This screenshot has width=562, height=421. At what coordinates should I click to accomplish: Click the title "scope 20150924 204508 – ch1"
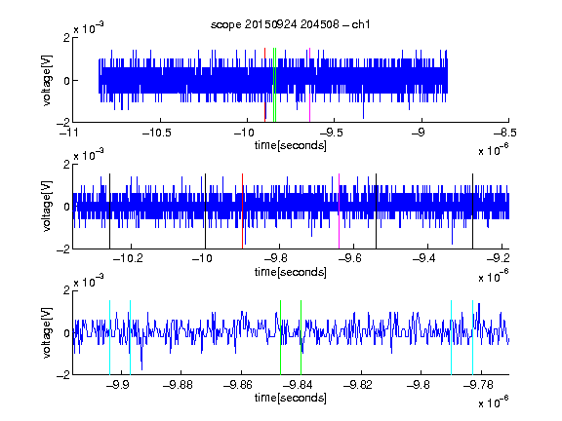click(x=291, y=24)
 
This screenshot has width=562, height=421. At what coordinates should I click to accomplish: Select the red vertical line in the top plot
click(x=264, y=85)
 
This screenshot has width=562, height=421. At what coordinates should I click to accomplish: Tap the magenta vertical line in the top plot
click(x=309, y=85)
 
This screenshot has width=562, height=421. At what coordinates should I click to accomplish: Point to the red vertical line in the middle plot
click(x=243, y=211)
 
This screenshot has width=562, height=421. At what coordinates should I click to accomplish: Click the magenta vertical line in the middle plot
click(x=340, y=211)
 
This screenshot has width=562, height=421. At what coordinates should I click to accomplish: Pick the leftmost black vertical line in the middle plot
click(x=109, y=211)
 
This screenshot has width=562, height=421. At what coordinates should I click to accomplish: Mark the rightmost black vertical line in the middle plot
click(x=473, y=211)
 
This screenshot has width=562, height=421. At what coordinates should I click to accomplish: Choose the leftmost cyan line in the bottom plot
click(x=109, y=337)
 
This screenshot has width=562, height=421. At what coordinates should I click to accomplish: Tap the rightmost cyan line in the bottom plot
click(x=473, y=337)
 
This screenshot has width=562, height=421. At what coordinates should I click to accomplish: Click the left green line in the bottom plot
click(x=281, y=337)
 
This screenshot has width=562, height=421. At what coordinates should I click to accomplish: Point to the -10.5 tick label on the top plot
click(x=157, y=133)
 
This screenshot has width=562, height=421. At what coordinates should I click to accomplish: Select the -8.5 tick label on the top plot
click(x=505, y=133)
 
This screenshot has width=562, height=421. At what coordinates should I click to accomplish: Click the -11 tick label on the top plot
click(x=69, y=133)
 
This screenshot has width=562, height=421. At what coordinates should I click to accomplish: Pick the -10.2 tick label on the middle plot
click(x=128, y=258)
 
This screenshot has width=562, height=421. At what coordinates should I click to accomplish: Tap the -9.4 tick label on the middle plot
click(x=424, y=258)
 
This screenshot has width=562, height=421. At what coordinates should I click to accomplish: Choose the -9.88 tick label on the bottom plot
click(x=178, y=385)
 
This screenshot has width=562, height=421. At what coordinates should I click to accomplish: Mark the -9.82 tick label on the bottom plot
click(x=358, y=385)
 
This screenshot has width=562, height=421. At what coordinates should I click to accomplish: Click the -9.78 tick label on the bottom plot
click(x=478, y=385)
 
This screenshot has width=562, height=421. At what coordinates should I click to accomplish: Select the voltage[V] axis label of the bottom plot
click(x=47, y=332)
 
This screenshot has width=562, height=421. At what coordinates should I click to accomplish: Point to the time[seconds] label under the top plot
click(x=291, y=145)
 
